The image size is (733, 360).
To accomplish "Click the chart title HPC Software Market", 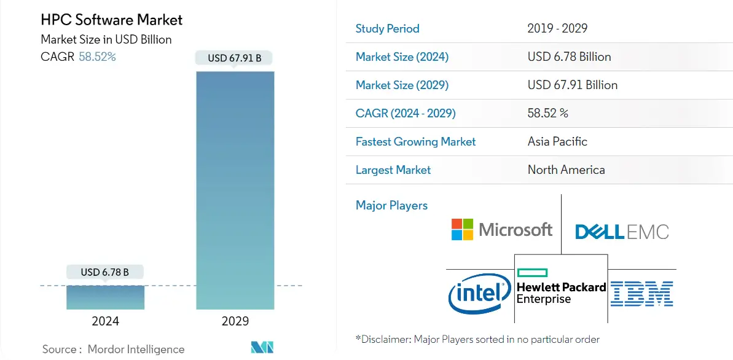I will [x=111, y=20].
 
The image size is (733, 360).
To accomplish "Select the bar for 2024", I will [x=105, y=297].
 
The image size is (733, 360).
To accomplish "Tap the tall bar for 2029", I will [x=235, y=190].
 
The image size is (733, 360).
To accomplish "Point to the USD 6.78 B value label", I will [x=105, y=272].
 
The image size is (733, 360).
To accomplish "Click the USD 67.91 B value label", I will [x=234, y=58].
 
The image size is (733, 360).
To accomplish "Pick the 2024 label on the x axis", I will [x=105, y=321].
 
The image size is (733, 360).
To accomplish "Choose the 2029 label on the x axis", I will [x=235, y=321].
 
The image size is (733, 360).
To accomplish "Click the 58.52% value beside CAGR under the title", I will [x=97, y=57].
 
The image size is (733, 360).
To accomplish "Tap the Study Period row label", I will [x=387, y=28].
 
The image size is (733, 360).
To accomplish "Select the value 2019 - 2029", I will [x=557, y=28].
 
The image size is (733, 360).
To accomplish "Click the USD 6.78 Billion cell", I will [x=569, y=57].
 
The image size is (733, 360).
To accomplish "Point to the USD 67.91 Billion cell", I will [x=572, y=85].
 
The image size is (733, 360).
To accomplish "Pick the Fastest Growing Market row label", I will [x=415, y=141].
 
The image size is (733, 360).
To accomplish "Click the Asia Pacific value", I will [x=557, y=141].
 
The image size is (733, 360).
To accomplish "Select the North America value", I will [x=566, y=170].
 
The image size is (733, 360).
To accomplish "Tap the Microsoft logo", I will [x=502, y=230].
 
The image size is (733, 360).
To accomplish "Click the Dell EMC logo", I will [x=622, y=232].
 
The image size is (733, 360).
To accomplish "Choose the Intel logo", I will [x=479, y=294].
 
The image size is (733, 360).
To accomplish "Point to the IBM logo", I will [x=642, y=294].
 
